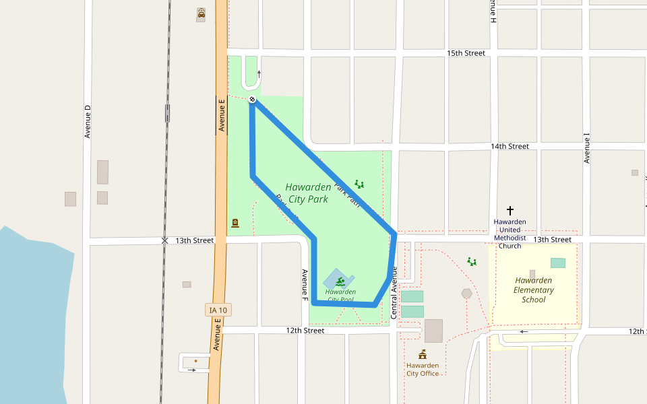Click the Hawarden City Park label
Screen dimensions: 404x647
coord(308,193)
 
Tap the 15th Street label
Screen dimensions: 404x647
coord(466,53)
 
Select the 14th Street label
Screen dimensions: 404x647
coord(510,146)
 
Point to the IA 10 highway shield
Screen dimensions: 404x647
coord(219,310)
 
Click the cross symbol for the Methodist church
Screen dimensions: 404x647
coord(510,211)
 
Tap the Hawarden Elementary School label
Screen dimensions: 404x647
coord(533,290)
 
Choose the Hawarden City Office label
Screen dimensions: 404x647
coord(423,369)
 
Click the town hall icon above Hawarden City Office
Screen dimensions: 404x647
coord(423,354)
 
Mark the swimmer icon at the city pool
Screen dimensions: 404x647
coord(340,282)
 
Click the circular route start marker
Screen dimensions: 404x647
coord(252,100)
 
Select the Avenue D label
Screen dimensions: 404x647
coord(88,122)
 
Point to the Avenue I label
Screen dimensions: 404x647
coord(587,147)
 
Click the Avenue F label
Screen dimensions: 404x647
coord(305,284)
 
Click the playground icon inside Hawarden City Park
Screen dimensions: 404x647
coord(359,184)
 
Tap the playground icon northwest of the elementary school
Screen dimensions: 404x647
coord(472,261)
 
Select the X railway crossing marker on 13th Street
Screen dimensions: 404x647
coord(164,240)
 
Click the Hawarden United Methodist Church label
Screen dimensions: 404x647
coord(510,234)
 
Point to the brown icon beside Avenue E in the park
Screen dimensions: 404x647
coord(235,223)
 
